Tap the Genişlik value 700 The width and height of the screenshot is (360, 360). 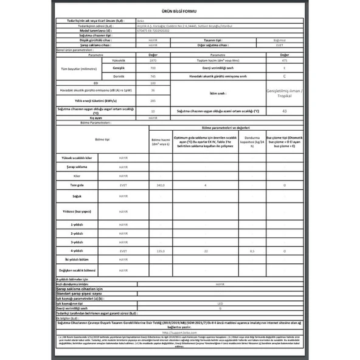[153, 69]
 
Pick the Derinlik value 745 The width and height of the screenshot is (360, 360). [153, 76]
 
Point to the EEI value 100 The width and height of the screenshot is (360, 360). [153, 83]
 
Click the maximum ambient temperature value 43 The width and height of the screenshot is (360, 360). [285, 111]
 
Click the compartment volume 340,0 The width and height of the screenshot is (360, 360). [161, 184]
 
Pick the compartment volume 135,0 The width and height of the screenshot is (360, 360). [161, 251]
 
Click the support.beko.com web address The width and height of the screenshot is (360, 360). [180, 330]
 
